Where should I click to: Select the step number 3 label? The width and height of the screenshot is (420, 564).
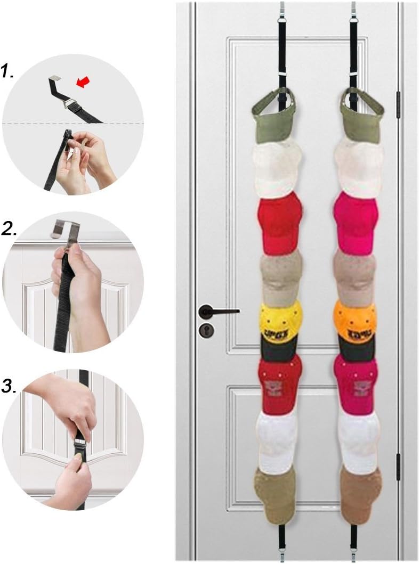pos(9,386)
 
